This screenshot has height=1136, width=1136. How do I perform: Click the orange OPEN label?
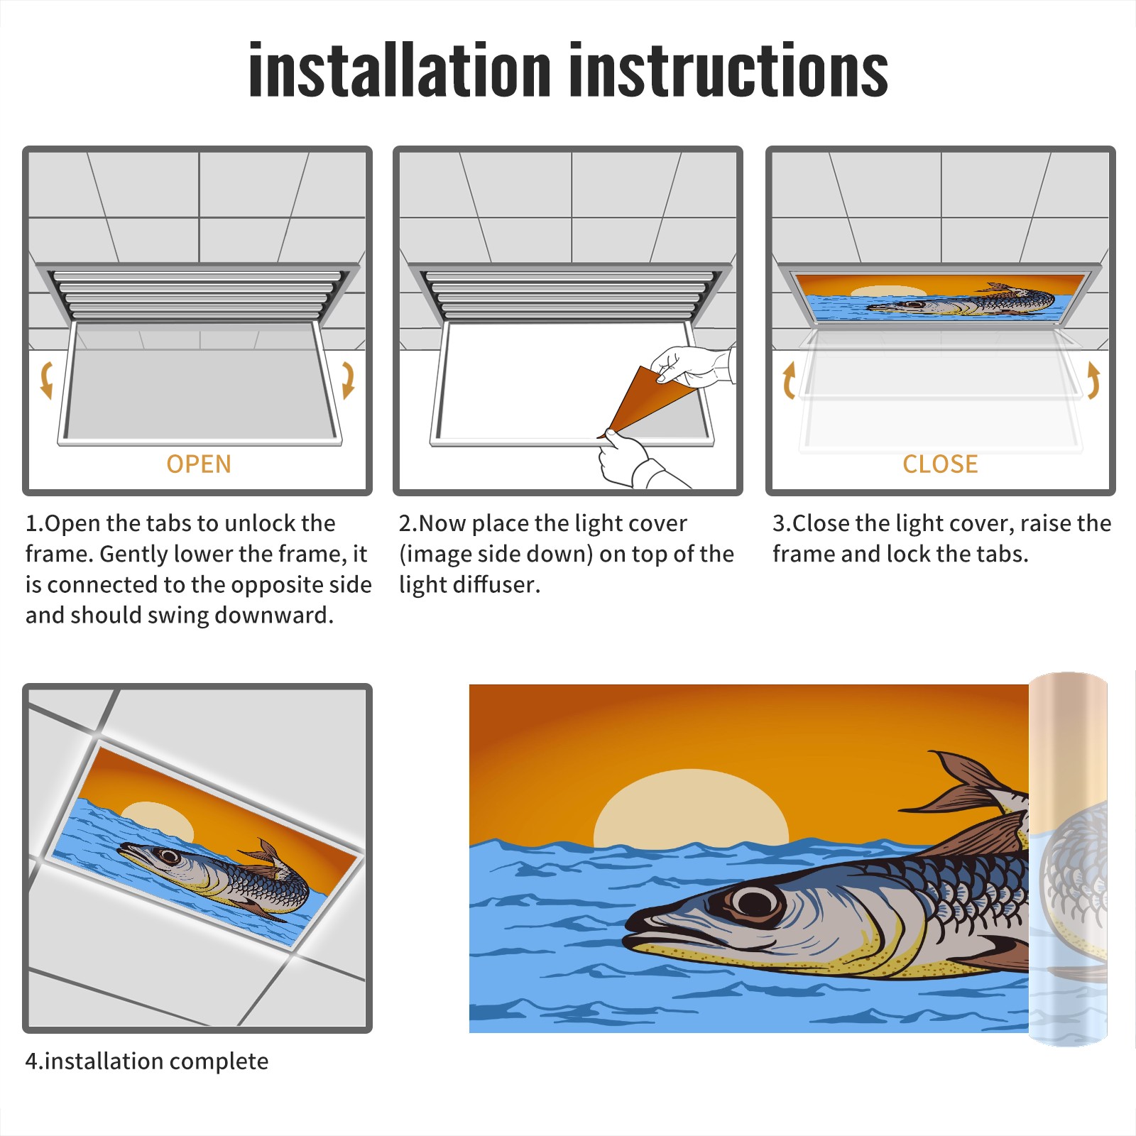point(199,464)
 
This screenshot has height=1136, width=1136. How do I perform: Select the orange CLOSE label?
point(940,464)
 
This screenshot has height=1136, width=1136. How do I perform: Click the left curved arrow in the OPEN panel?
point(46,380)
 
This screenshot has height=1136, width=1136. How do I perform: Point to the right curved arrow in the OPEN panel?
point(348,380)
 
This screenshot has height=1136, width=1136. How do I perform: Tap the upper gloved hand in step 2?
point(692,366)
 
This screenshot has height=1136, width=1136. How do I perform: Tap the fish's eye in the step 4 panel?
point(168,855)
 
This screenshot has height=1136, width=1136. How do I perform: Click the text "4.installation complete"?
point(147,1061)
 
